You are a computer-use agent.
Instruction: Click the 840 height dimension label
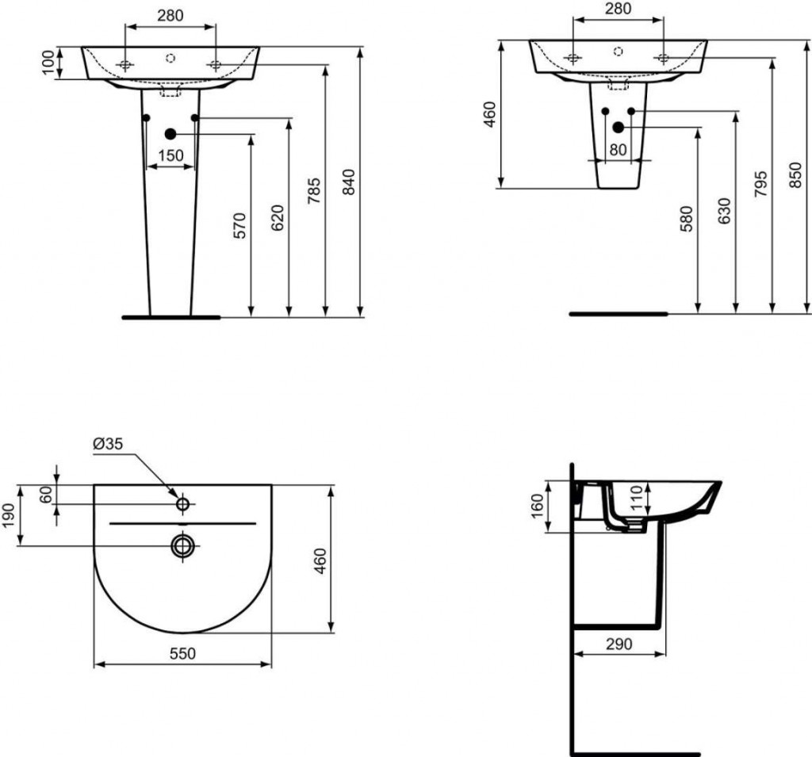[350, 182]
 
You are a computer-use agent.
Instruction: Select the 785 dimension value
[314, 190]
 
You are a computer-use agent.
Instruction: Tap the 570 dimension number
[239, 225]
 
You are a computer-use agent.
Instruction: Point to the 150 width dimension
[171, 155]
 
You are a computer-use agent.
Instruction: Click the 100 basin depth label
[48, 63]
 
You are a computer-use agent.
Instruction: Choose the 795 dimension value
[760, 184]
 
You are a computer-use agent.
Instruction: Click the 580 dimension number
[686, 219]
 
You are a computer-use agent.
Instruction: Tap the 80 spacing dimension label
[618, 150]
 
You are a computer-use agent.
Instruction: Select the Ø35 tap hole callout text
[108, 444]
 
